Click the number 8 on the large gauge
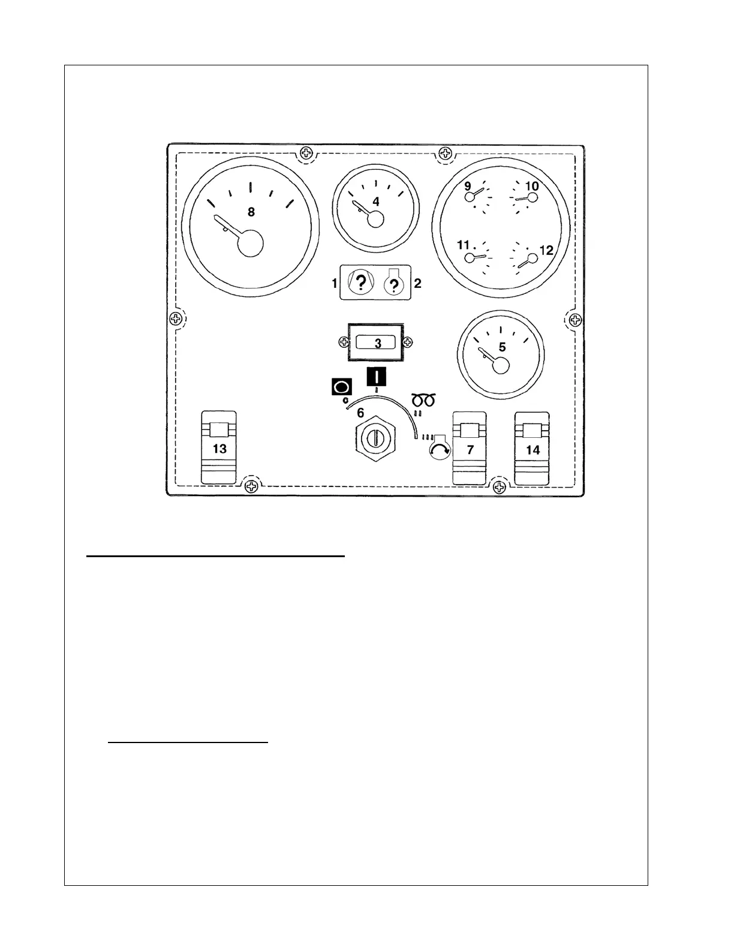[251, 212]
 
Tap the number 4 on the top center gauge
[376, 202]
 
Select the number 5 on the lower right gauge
[502, 347]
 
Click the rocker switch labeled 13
[219, 447]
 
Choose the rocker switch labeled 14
[532, 448]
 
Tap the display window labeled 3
[377, 343]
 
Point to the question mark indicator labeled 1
[360, 282]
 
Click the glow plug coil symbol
[423, 399]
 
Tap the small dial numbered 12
[531, 258]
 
